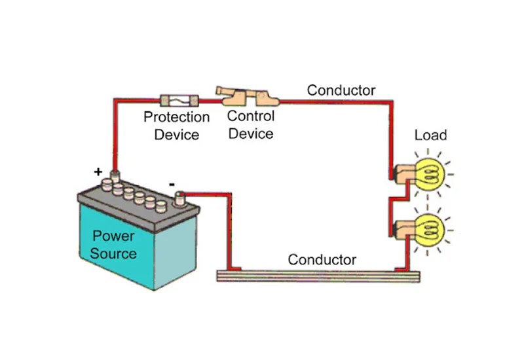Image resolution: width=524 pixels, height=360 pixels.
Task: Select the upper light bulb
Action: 430,171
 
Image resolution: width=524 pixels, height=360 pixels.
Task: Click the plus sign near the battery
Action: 98,172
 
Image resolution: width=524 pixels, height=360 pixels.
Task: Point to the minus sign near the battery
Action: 172,185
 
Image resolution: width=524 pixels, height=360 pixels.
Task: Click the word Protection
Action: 177,118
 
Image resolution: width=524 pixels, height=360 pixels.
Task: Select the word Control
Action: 251,117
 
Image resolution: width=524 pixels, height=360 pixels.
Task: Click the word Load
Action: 430,135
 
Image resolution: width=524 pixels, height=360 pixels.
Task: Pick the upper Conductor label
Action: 341,90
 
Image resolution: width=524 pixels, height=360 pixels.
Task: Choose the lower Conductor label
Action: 322,260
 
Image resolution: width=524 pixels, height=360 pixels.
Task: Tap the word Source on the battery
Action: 113,253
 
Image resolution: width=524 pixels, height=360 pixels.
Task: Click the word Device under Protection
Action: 177,135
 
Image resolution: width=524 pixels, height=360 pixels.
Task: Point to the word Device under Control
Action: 251,134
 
